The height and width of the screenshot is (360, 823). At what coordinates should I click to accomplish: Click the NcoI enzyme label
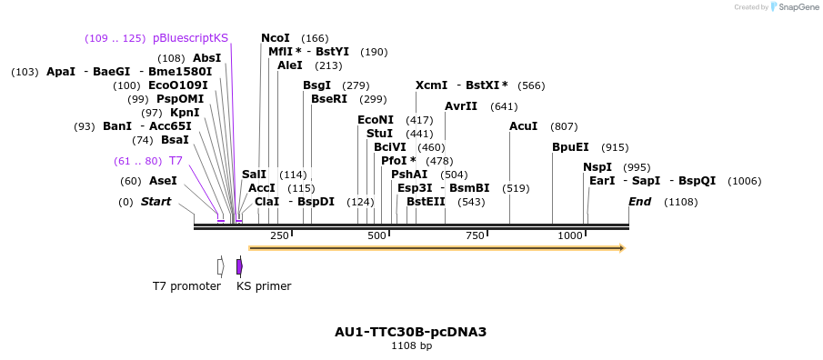pyautogui.click(x=275, y=38)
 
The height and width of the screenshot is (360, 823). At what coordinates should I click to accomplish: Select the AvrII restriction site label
pyautogui.click(x=461, y=106)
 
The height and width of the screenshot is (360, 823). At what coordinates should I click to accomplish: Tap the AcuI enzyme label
pyautogui.click(x=523, y=126)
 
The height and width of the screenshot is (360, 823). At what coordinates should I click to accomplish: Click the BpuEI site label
pyautogui.click(x=570, y=147)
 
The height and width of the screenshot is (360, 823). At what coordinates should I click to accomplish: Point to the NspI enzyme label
pyautogui.click(x=597, y=167)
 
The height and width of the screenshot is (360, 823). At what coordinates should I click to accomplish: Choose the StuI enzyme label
pyautogui.click(x=379, y=134)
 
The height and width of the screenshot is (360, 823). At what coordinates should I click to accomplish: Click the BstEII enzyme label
pyautogui.click(x=425, y=202)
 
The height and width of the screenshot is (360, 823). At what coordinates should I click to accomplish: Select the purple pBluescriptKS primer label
pyautogui.click(x=191, y=38)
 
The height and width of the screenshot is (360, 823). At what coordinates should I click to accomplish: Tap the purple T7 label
pyautogui.click(x=176, y=161)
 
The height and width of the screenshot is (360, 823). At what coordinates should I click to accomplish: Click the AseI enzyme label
pyautogui.click(x=163, y=181)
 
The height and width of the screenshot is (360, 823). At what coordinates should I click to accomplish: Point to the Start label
pyautogui.click(x=156, y=202)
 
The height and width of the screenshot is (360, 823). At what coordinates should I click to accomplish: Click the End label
pyautogui.click(x=639, y=202)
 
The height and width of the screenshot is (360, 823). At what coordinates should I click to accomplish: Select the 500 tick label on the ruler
pyautogui.click(x=376, y=236)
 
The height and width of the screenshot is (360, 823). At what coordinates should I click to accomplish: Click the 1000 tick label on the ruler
pyautogui.click(x=570, y=236)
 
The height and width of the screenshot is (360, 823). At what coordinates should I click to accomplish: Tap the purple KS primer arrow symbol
pyautogui.click(x=239, y=266)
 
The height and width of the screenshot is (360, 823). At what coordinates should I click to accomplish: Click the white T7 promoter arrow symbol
pyautogui.click(x=220, y=266)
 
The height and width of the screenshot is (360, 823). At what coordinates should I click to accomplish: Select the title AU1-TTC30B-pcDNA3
pyautogui.click(x=410, y=332)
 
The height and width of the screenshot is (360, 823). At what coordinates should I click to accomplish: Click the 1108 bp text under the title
pyautogui.click(x=411, y=346)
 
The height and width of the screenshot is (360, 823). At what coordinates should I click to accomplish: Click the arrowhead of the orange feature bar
pyautogui.click(x=622, y=247)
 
